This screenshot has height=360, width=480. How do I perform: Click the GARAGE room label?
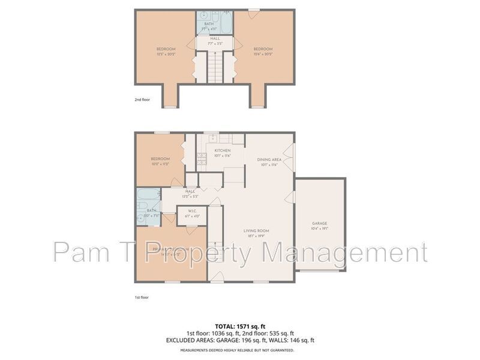coord(319,223)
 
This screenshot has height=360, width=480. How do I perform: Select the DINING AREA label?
coord(269,160)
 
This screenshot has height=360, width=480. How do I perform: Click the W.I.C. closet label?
coord(193,211)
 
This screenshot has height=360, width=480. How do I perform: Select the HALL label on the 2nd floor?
coord(215,38)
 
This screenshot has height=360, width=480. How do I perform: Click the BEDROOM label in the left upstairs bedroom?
coord(166,49)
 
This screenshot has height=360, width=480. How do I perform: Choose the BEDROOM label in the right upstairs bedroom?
coord(263,49)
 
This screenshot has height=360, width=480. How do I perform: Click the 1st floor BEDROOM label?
coord(160,159)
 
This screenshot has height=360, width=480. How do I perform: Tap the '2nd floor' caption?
coord(143,101)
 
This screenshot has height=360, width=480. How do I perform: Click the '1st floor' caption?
coord(142,297)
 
